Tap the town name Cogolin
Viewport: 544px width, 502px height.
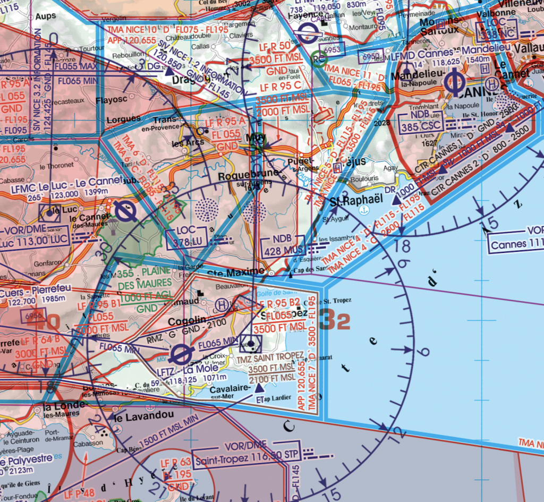coord(186,321)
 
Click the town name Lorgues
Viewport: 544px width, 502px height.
coord(123,119)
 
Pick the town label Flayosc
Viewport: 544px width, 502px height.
coord(112,99)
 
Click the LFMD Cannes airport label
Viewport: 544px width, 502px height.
coord(421,54)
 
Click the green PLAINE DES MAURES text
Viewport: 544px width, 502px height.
coord(145,279)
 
